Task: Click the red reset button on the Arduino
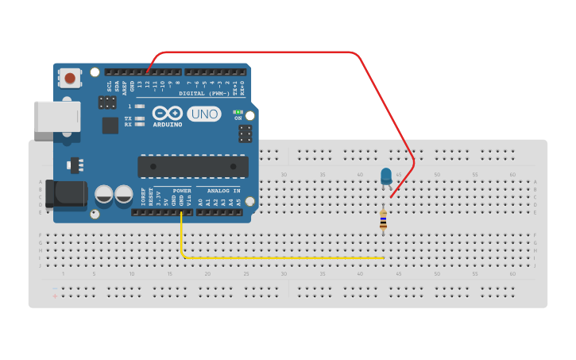coord(71,78)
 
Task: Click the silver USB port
coord(57,116)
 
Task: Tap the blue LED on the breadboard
coord(386,176)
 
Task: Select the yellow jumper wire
coord(278,257)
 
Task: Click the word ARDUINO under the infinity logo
coord(168,125)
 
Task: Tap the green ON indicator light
coord(238,112)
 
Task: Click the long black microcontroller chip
coord(193,166)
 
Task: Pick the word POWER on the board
coord(182,191)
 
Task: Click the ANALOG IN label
coord(223,191)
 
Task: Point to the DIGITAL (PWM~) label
coord(203,93)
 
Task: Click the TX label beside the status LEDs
coord(127,118)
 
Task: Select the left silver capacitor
coord(104,194)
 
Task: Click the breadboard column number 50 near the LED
coord(436,174)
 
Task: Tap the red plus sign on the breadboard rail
coord(54,296)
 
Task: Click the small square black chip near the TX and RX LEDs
coord(110,125)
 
